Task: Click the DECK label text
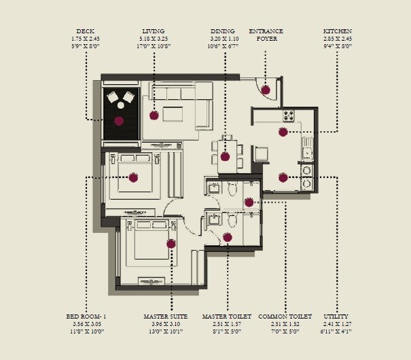[x=86, y=31]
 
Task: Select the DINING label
[x=223, y=31]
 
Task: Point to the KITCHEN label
[x=338, y=31]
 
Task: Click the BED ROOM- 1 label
[x=86, y=317]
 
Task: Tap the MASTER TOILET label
[x=227, y=317]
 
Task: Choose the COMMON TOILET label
[x=285, y=317]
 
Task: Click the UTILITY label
[x=336, y=317]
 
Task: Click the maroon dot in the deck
[x=119, y=121]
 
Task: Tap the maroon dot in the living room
[x=154, y=115]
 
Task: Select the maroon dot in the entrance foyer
[x=266, y=89]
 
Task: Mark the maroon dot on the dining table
[x=225, y=156]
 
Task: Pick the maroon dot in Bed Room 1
[x=133, y=178]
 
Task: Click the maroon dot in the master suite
[x=171, y=243]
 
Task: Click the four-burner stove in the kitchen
[x=289, y=115]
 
